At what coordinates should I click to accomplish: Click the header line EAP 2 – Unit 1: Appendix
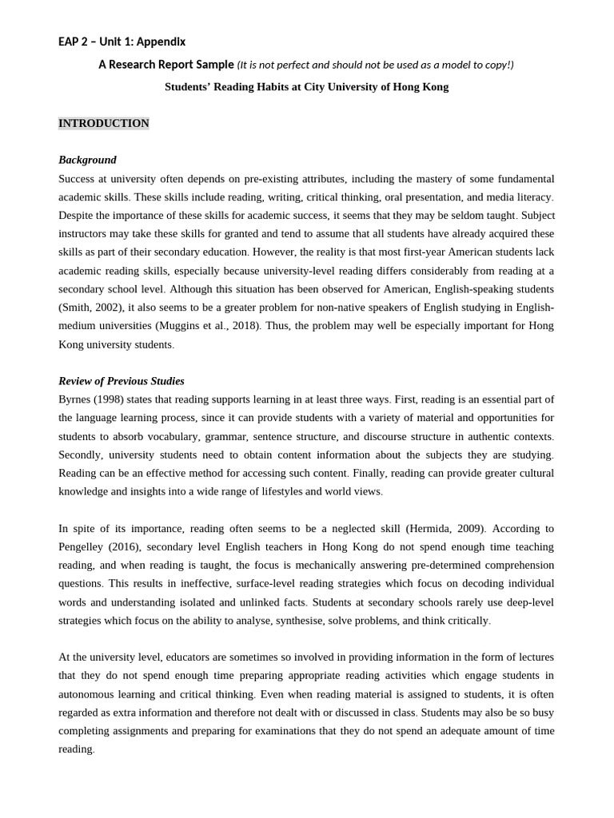pyautogui.click(x=122, y=42)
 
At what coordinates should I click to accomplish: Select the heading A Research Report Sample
pyautogui.click(x=166, y=65)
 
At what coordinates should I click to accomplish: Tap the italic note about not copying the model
pyautogui.click(x=375, y=65)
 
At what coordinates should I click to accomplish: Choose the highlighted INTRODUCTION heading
pyautogui.click(x=103, y=123)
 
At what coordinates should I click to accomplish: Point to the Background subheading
pyautogui.click(x=87, y=160)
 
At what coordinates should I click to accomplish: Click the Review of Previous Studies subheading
pyautogui.click(x=122, y=381)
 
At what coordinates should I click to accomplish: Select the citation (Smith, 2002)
pyautogui.click(x=89, y=308)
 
